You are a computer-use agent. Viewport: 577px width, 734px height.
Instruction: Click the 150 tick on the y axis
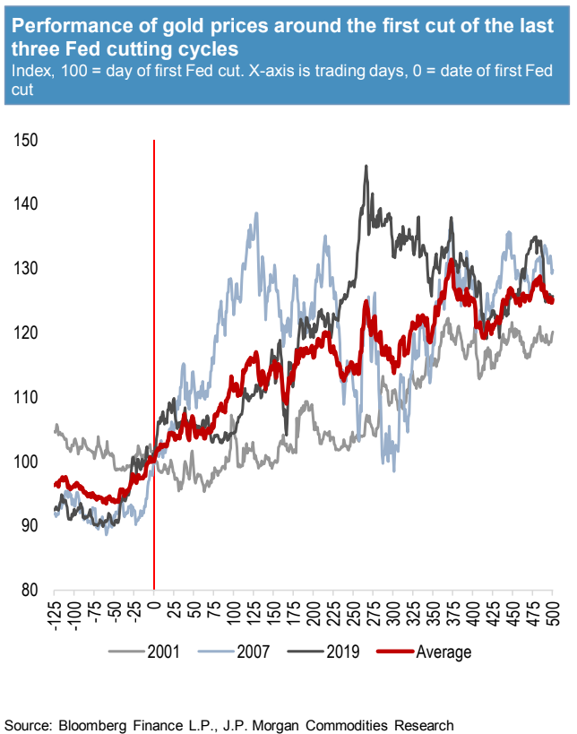27,140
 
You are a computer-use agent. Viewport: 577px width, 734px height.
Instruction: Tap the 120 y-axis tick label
27,332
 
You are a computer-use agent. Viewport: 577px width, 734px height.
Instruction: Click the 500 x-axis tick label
552,609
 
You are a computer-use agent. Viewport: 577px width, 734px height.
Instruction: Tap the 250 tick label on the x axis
353,609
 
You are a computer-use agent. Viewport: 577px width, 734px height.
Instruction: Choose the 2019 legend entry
340,652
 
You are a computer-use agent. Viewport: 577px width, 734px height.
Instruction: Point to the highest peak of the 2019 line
366,166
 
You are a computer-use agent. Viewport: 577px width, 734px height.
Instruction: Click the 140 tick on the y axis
27,203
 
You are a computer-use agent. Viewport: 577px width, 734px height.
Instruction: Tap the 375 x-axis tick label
452,609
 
